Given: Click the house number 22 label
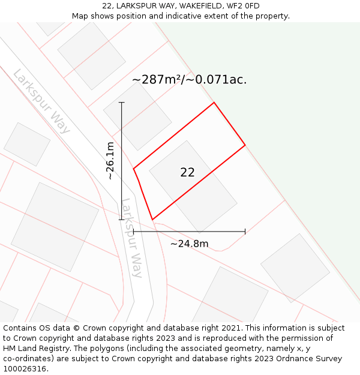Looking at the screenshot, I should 187,172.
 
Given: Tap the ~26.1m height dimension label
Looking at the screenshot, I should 110,161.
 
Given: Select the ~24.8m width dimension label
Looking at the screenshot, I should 189,244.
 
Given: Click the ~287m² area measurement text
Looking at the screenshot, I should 157,79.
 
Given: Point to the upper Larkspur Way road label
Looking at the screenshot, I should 41,101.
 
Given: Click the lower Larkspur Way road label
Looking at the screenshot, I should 132,238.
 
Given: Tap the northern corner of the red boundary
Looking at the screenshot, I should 214,103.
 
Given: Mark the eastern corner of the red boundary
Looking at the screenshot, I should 245,145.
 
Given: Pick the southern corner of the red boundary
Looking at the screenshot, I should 152,220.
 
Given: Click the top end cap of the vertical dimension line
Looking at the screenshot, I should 122,103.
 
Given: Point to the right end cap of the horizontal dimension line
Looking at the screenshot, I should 245,231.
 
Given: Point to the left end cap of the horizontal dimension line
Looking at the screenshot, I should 133,231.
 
